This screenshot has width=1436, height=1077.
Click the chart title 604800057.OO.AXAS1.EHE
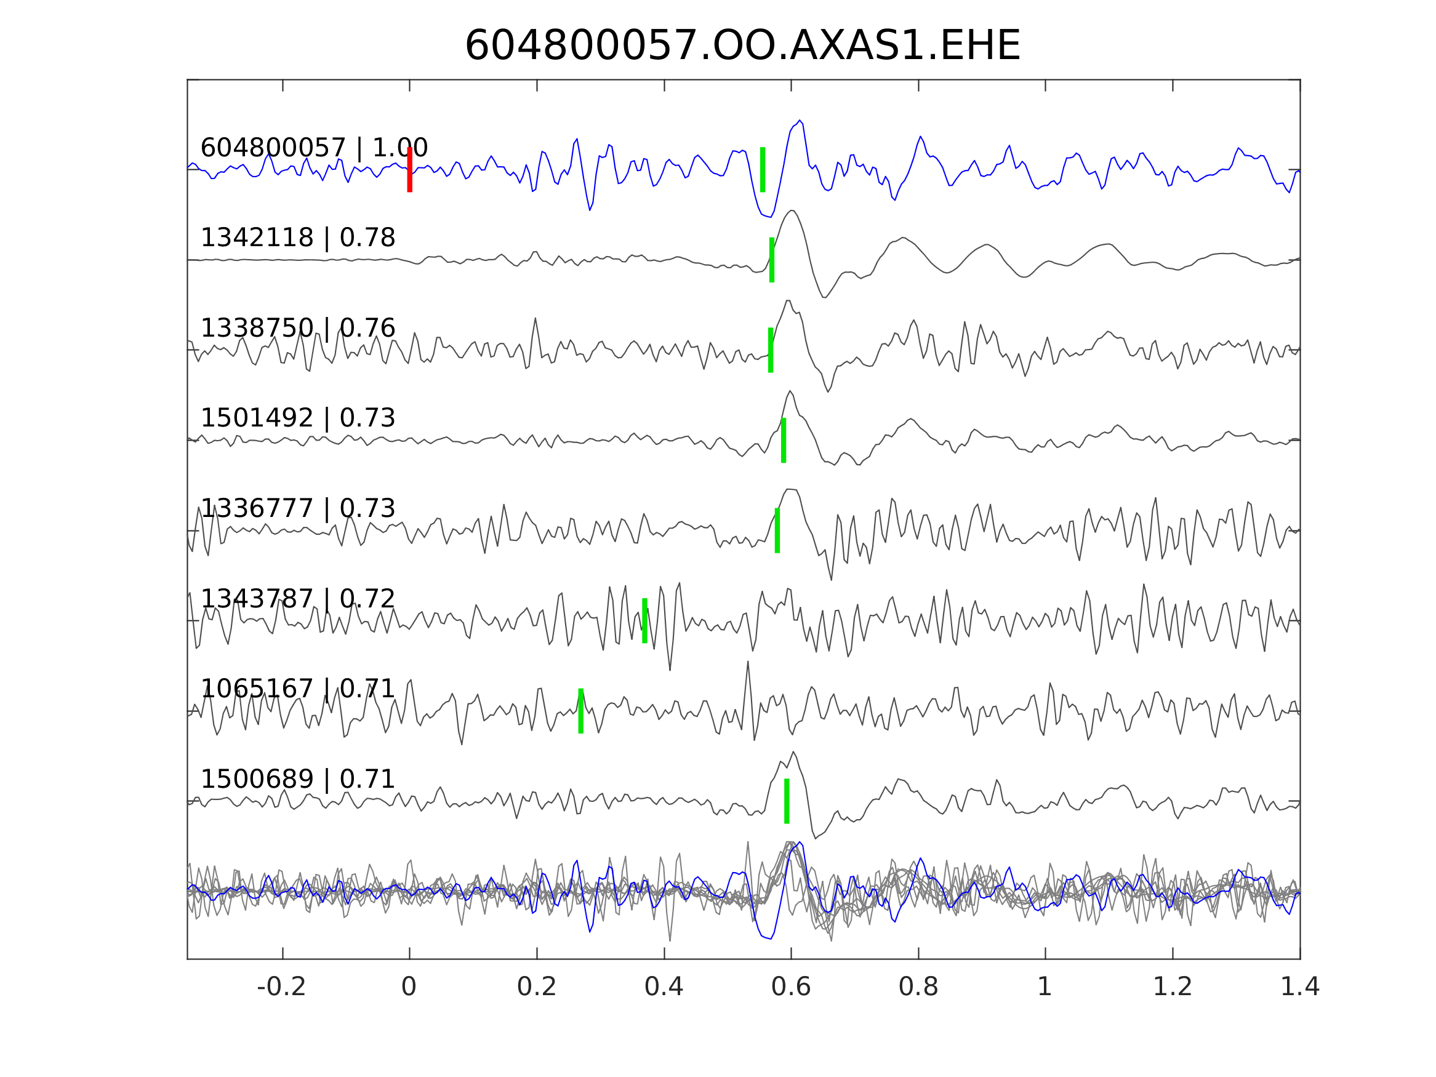pyautogui.click(x=742, y=46)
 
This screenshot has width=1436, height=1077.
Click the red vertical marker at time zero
pyautogui.click(x=410, y=169)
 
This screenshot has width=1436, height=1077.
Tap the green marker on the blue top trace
pyautogui.click(x=762, y=169)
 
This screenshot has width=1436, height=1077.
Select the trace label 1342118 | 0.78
pyautogui.click(x=297, y=238)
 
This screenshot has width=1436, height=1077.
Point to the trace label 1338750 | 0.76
pyautogui.click(x=297, y=329)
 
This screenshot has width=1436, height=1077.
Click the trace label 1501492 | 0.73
pyautogui.click(x=297, y=418)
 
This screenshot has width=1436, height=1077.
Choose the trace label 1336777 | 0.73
pyautogui.click(x=297, y=508)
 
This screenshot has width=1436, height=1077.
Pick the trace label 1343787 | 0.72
pyautogui.click(x=297, y=599)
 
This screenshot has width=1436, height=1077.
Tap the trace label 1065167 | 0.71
pyautogui.click(x=297, y=689)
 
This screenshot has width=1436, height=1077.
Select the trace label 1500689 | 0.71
pyautogui.click(x=297, y=779)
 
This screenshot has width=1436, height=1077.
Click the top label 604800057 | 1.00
pyautogui.click(x=313, y=148)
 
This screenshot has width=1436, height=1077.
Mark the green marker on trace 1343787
pyautogui.click(x=644, y=620)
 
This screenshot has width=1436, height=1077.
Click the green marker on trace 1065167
pyautogui.click(x=581, y=711)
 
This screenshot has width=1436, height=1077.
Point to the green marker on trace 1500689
pyautogui.click(x=787, y=801)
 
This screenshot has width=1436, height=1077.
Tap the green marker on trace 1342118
pyautogui.click(x=772, y=260)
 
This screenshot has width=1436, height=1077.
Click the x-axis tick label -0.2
pyautogui.click(x=282, y=987)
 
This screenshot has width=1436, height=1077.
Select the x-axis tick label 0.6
pyautogui.click(x=791, y=987)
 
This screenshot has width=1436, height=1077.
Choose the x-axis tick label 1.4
pyautogui.click(x=1300, y=987)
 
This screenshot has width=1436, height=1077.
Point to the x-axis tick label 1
pyautogui.click(x=1045, y=987)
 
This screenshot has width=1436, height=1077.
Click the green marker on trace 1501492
pyautogui.click(x=784, y=440)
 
